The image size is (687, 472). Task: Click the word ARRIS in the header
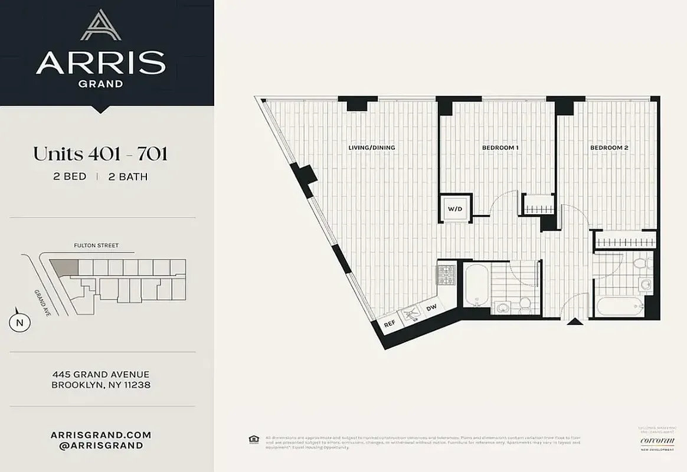(100, 63)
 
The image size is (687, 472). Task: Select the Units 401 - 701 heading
(100, 154)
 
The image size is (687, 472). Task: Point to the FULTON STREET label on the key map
(96, 245)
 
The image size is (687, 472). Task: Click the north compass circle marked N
(19, 323)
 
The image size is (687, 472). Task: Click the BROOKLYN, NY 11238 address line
(101, 385)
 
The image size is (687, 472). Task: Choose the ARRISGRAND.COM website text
(101, 435)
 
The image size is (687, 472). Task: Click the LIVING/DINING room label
(372, 147)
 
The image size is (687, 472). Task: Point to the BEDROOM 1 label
(500, 147)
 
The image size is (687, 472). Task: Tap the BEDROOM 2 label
(609, 147)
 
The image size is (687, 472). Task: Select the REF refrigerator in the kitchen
(390, 324)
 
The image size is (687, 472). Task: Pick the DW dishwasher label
(431, 308)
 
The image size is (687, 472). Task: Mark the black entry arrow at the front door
(572, 322)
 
